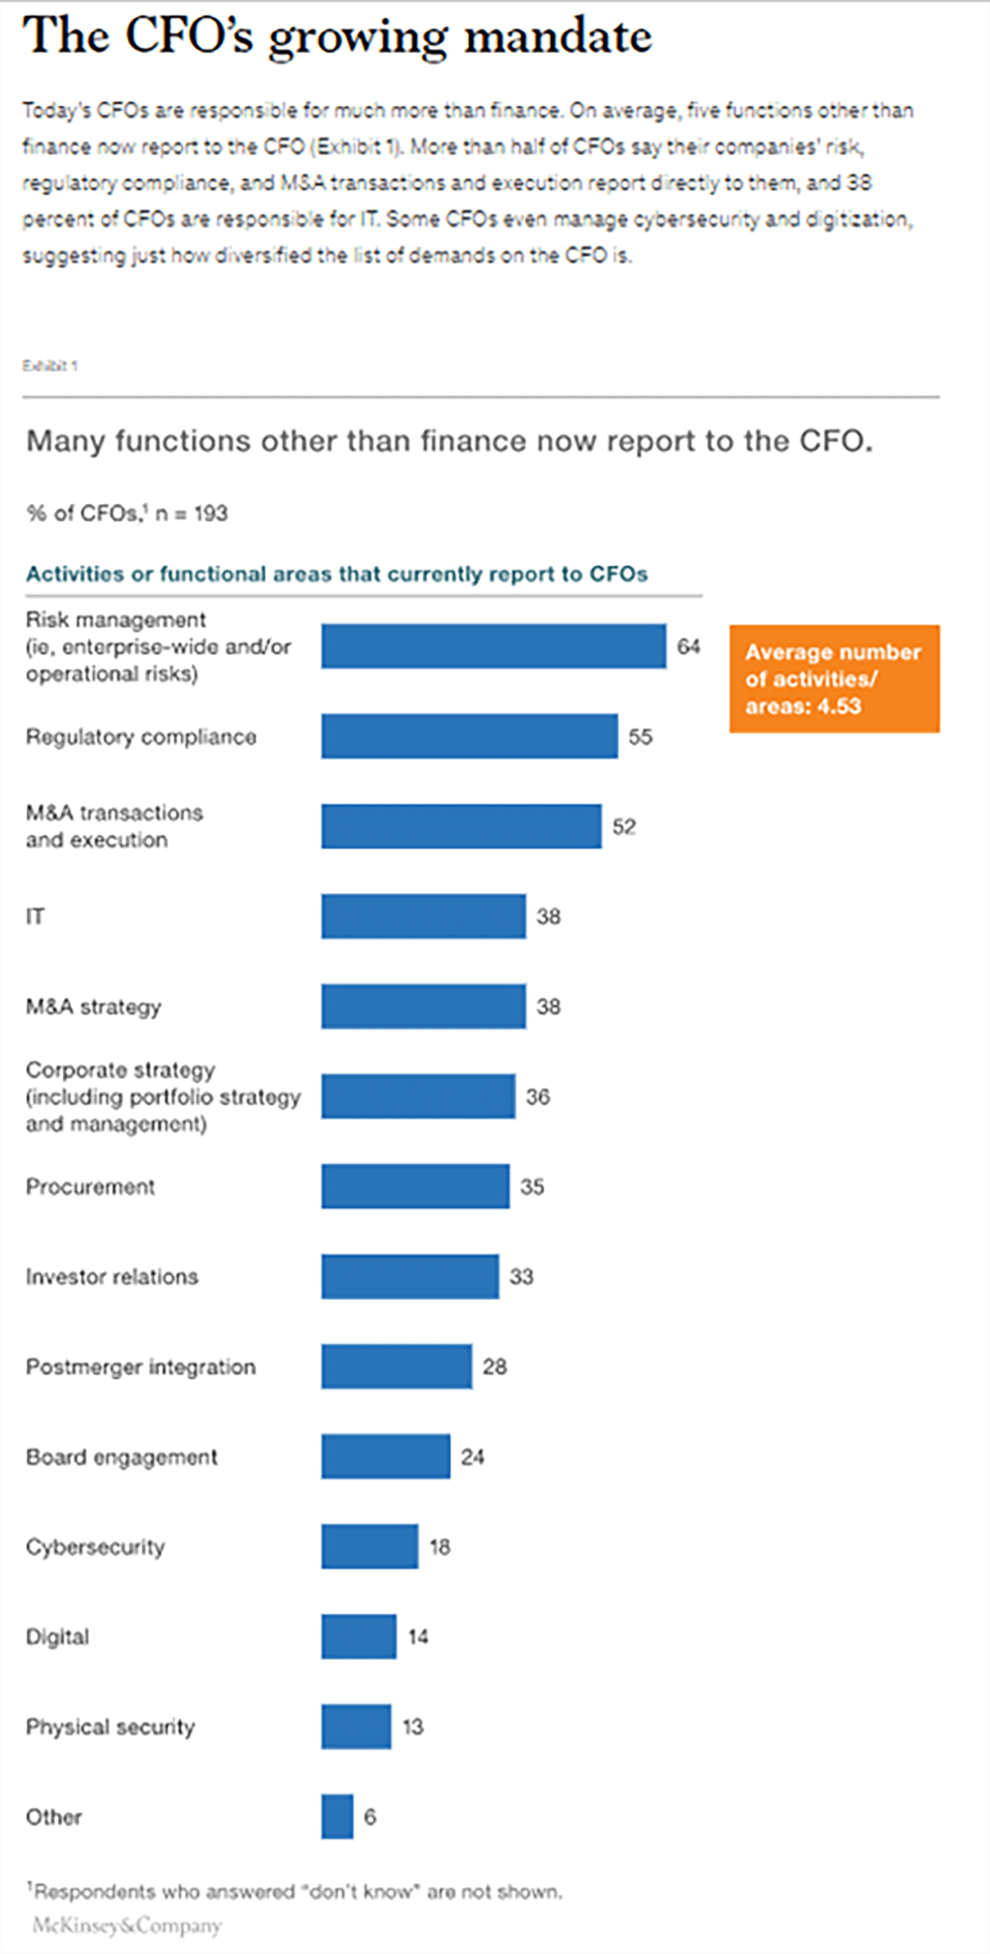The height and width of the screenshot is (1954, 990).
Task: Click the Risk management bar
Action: coord(494,646)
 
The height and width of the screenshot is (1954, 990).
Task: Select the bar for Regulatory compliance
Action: coord(470,735)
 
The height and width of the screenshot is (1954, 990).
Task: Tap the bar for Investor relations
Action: coord(410,1277)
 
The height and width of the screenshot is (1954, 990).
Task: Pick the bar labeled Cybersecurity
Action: coord(369,1547)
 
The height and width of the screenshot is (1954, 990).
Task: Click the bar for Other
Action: coord(337,1817)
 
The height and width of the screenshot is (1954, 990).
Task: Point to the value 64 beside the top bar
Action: coord(689,646)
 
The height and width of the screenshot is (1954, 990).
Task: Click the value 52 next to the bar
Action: coord(624,826)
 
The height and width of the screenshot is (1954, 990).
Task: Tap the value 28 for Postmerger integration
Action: coord(494,1367)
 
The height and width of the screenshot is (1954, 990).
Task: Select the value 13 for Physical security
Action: coord(413,1727)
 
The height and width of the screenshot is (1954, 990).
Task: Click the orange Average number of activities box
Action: coord(834,679)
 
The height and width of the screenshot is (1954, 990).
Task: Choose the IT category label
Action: coord(35,917)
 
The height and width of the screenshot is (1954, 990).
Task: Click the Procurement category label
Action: coord(91,1187)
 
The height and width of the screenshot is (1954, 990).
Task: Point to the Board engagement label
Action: coord(122,1457)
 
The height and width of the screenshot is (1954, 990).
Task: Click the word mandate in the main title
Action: coord(559,35)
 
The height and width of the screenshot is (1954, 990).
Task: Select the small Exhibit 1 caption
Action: coord(50,366)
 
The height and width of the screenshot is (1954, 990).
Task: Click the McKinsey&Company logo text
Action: coord(127,1926)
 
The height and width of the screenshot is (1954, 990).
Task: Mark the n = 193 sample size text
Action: coord(191,513)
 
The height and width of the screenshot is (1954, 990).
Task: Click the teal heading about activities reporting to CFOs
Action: coord(337,574)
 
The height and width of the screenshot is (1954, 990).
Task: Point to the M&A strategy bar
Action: coord(424,1006)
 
